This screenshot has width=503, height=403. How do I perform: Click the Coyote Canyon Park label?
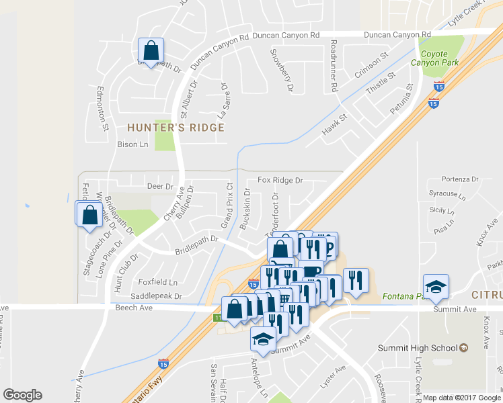click(439, 58)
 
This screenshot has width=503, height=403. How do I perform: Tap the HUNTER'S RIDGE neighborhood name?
click(175, 127)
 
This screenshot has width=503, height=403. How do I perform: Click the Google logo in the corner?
click(22, 395)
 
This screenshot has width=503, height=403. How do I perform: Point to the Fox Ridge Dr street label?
click(280, 181)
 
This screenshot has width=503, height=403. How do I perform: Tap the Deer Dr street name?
click(160, 187)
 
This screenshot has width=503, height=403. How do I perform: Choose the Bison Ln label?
click(132, 144)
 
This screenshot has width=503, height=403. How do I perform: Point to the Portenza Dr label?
click(460, 179)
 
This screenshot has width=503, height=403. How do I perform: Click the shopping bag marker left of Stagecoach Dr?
click(89, 216)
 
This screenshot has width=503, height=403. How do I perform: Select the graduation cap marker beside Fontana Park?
click(436, 287)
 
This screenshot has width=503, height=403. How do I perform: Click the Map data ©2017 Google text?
click(461, 398)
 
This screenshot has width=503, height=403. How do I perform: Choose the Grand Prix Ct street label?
click(228, 205)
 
